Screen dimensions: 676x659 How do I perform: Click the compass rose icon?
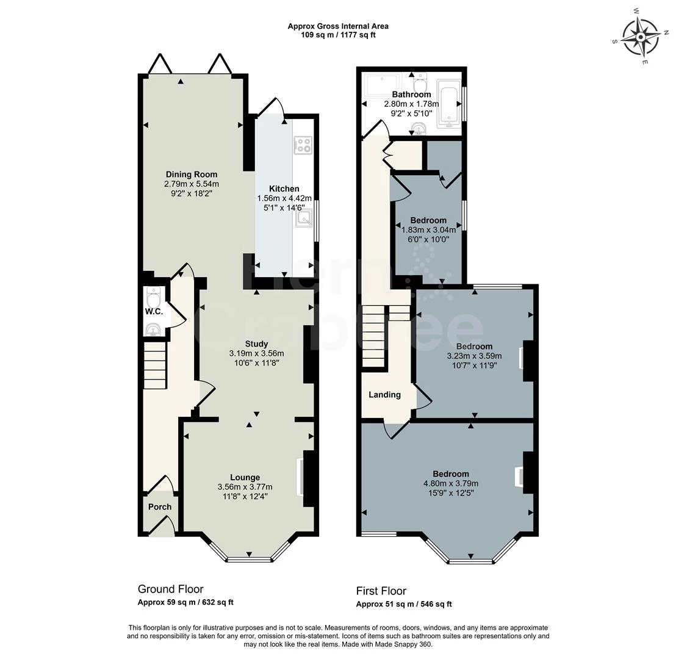pos(641,37)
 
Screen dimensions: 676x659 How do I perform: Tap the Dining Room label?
pos(192,175)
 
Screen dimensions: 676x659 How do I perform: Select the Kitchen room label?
pos(284,189)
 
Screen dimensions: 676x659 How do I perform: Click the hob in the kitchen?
pos(303,145)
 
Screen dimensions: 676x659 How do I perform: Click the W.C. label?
pos(154,311)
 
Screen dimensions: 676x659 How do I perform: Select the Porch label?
pos(160,506)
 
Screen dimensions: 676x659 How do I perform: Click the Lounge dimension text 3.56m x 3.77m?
pos(245,487)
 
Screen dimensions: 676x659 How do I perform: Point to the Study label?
pos(256,344)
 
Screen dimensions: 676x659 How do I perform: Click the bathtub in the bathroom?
pos(448,104)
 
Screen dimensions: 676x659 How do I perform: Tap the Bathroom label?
pos(411,95)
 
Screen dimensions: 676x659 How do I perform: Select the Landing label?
pos(384,395)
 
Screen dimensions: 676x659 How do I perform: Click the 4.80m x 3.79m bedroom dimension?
pos(451,483)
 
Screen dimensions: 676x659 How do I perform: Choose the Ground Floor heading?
pos(170,589)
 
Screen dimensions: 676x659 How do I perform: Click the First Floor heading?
pos(381,591)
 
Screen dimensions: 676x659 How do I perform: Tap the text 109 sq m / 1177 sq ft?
pos(338,35)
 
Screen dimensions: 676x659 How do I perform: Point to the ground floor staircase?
pos(155,366)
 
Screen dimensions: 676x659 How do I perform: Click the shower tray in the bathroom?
pos(383,85)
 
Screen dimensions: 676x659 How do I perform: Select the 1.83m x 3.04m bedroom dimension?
pos(428,230)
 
